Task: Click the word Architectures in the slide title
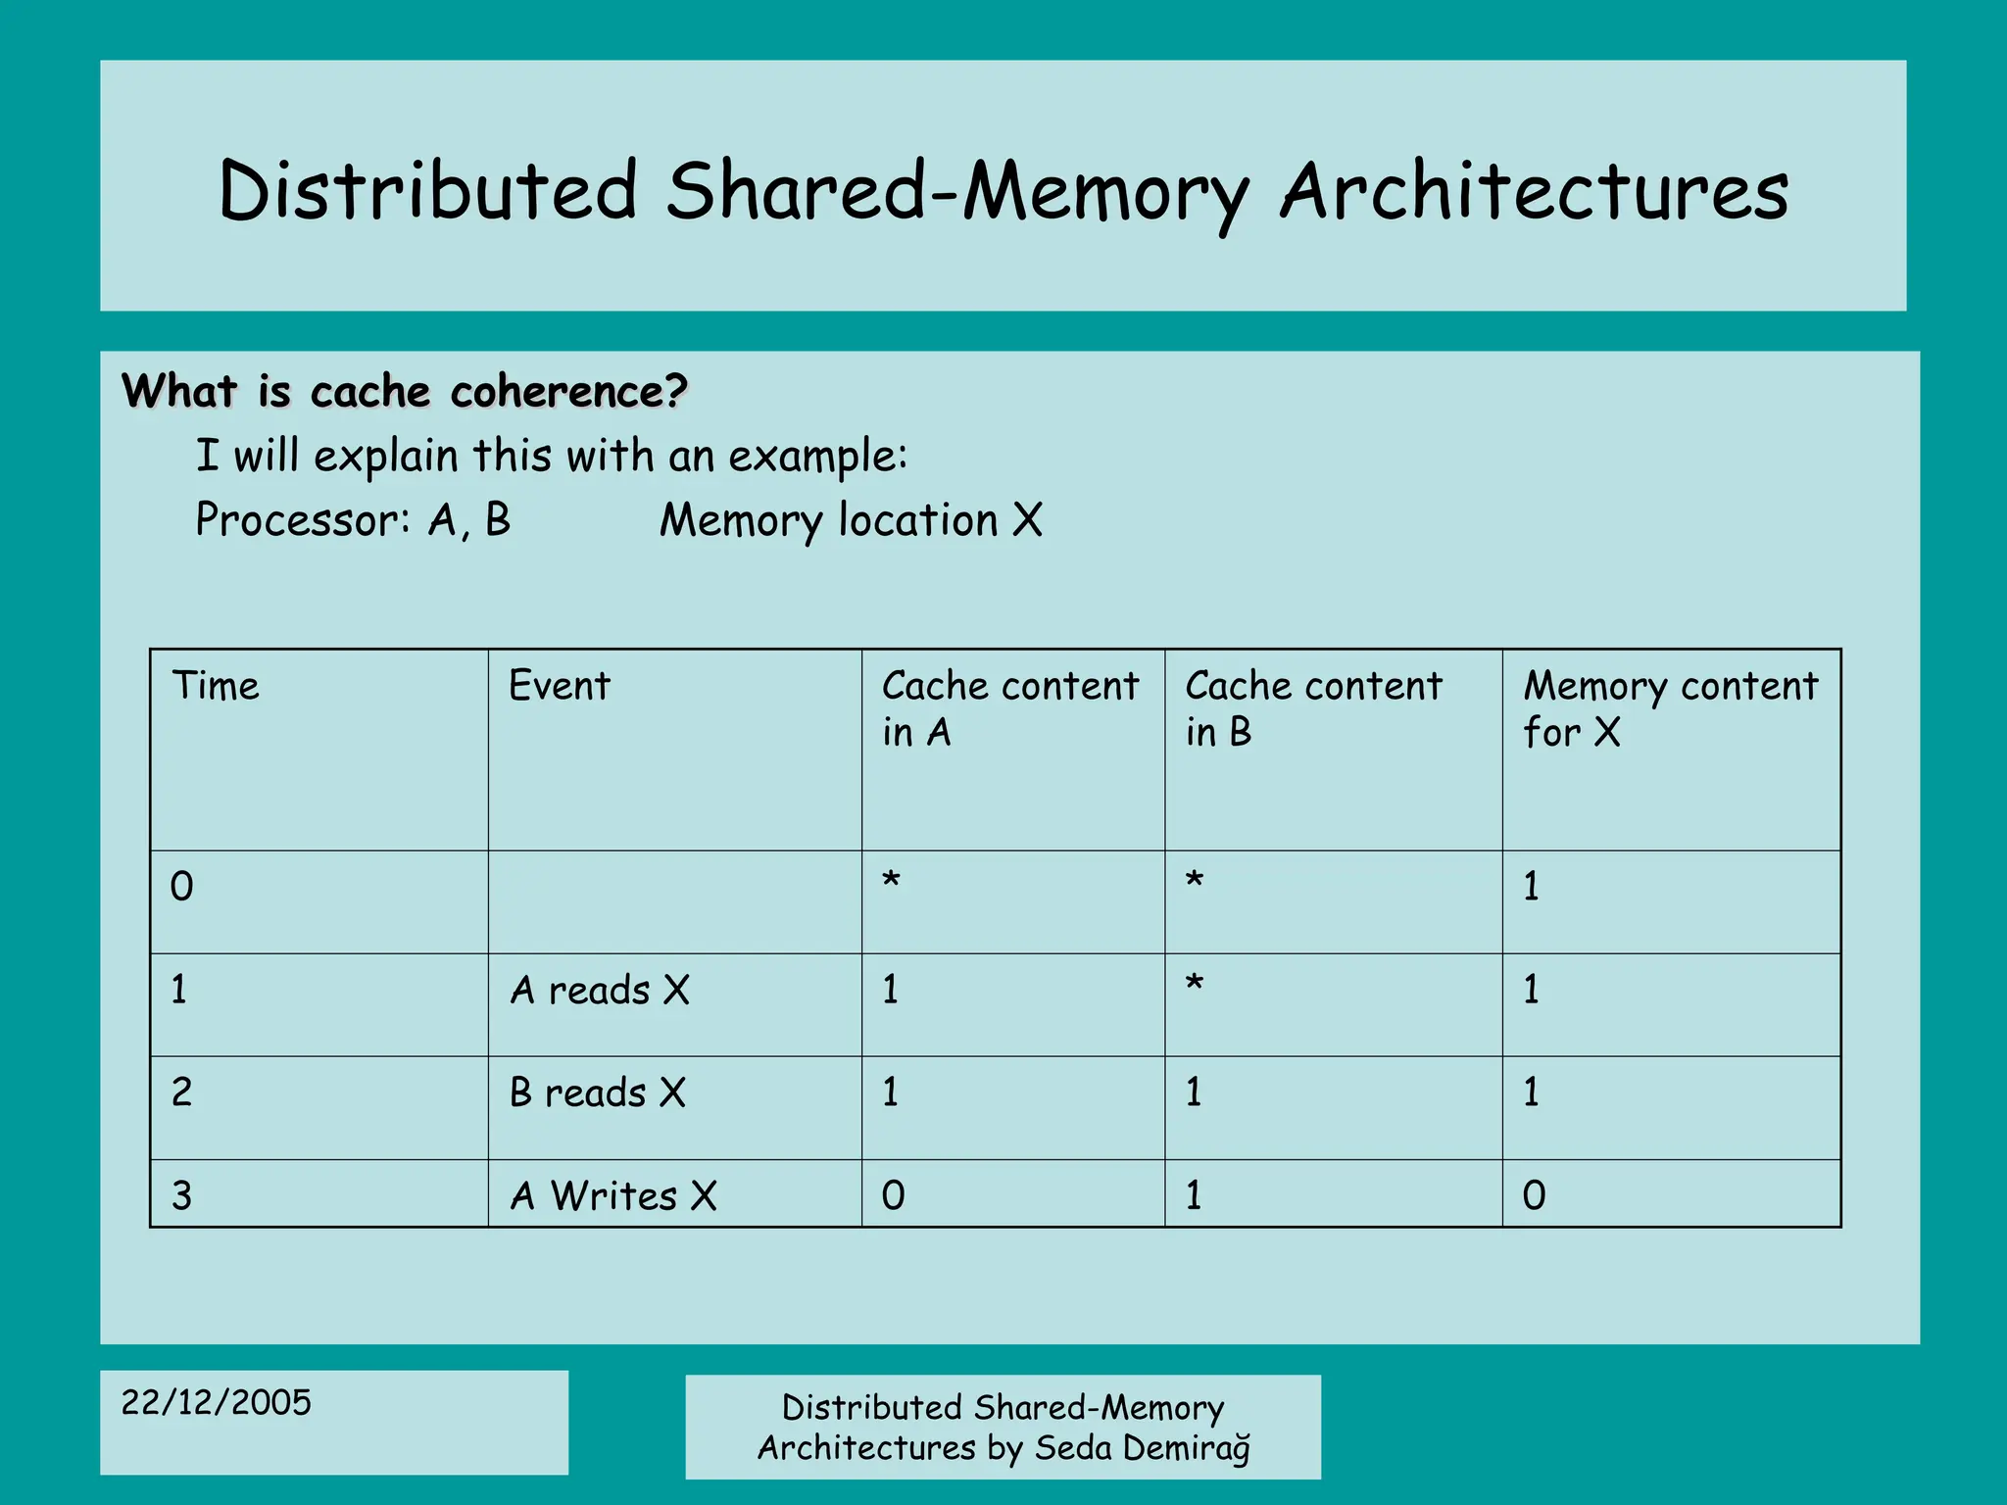pyautogui.click(x=1534, y=191)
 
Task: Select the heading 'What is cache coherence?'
pyautogui.click(x=405, y=392)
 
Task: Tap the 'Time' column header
pyautogui.click(x=216, y=686)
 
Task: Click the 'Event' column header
pyautogui.click(x=559, y=686)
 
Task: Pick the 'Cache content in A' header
pyautogui.click(x=1009, y=708)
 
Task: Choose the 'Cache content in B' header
pyautogui.click(x=1313, y=708)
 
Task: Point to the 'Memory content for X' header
pyautogui.click(x=1670, y=708)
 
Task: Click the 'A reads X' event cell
pyautogui.click(x=600, y=991)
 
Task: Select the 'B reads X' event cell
pyautogui.click(x=598, y=1092)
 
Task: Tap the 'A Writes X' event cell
pyautogui.click(x=613, y=1196)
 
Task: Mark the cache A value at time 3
pyautogui.click(x=893, y=1196)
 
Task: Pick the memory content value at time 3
pyautogui.click(x=1534, y=1196)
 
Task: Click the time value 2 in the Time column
pyautogui.click(x=182, y=1092)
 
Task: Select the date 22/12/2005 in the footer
pyautogui.click(x=216, y=1403)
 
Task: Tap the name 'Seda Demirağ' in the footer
pyautogui.click(x=1143, y=1448)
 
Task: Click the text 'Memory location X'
pyautogui.click(x=851, y=520)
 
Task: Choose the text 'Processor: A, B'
pyautogui.click(x=353, y=520)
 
